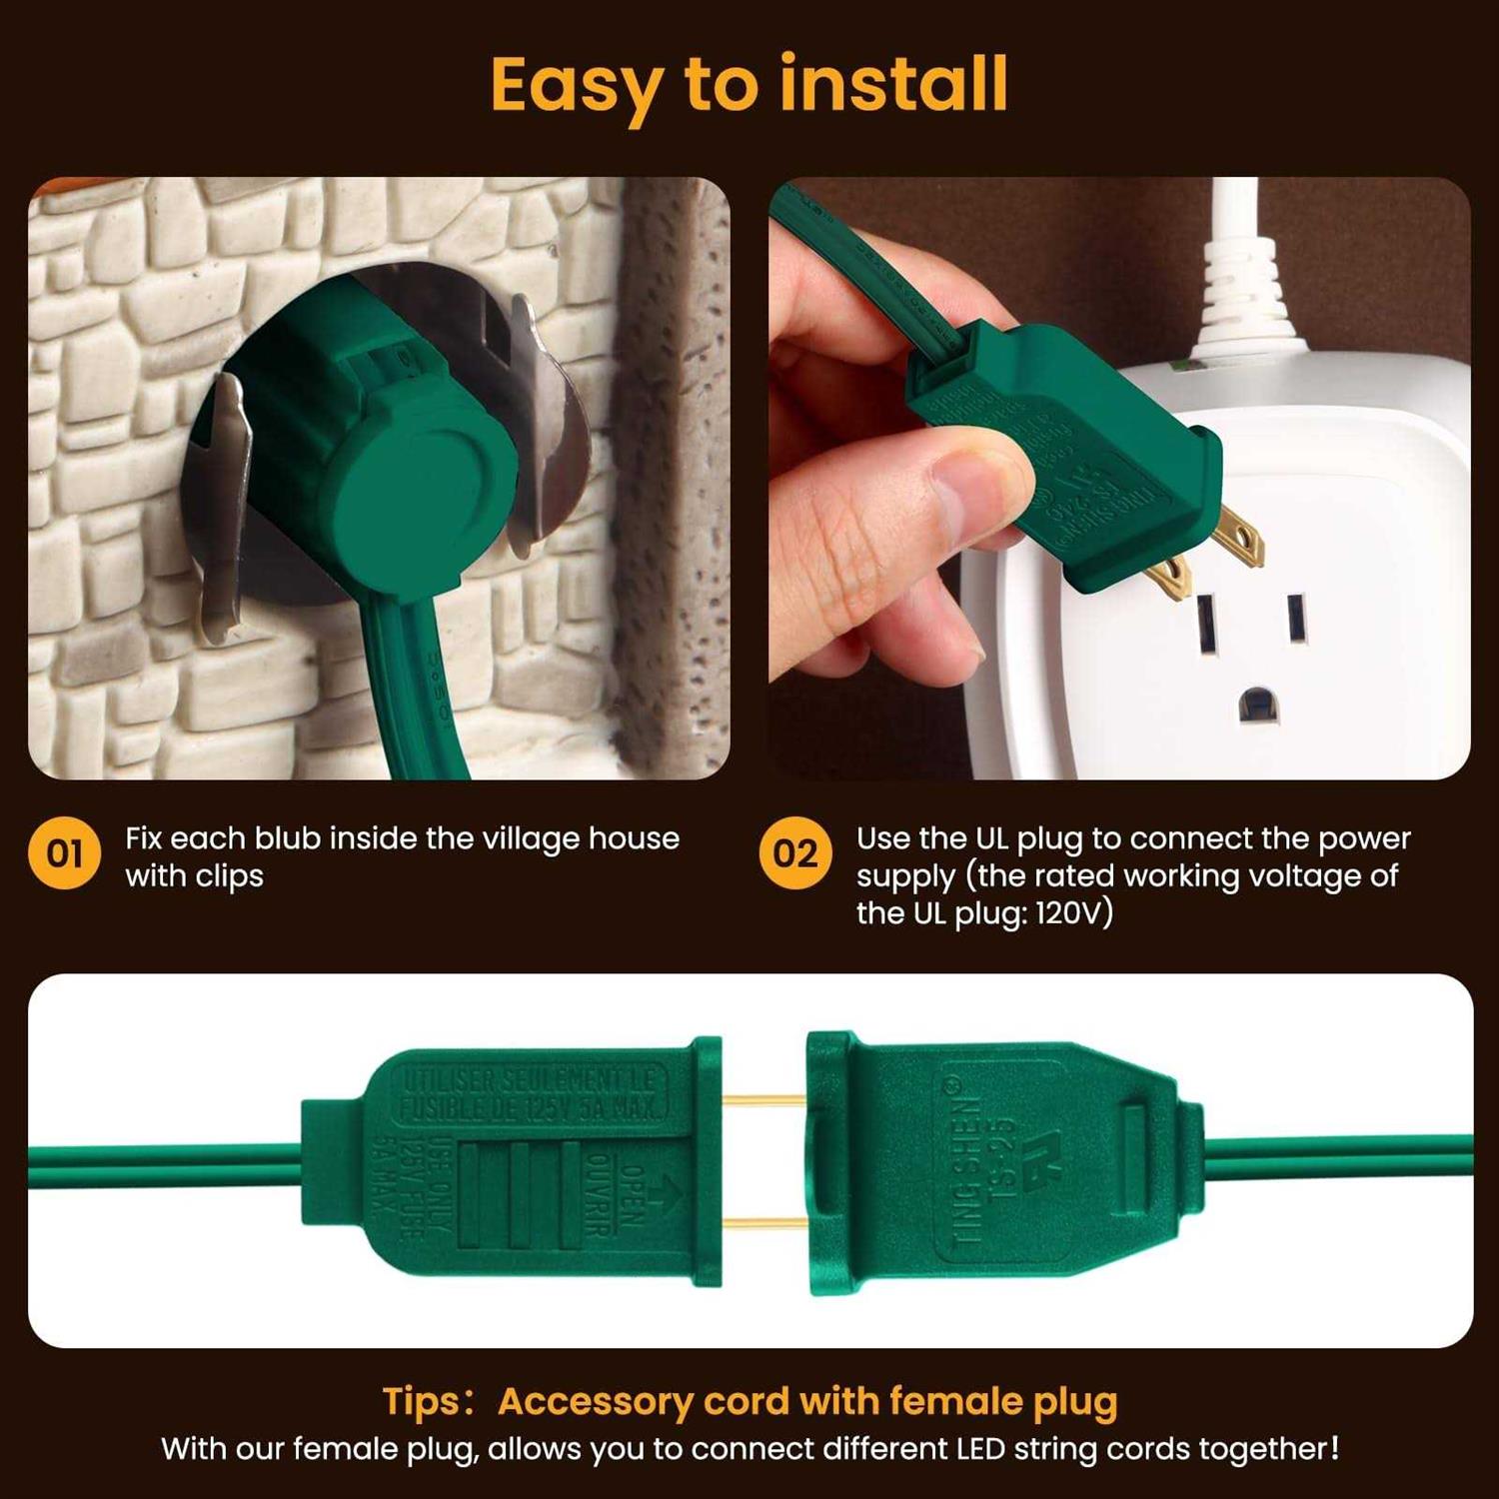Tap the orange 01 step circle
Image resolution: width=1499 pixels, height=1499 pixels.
click(64, 854)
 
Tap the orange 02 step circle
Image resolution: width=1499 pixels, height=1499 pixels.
click(795, 854)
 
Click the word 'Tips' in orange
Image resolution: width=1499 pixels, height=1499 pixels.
click(419, 1401)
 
